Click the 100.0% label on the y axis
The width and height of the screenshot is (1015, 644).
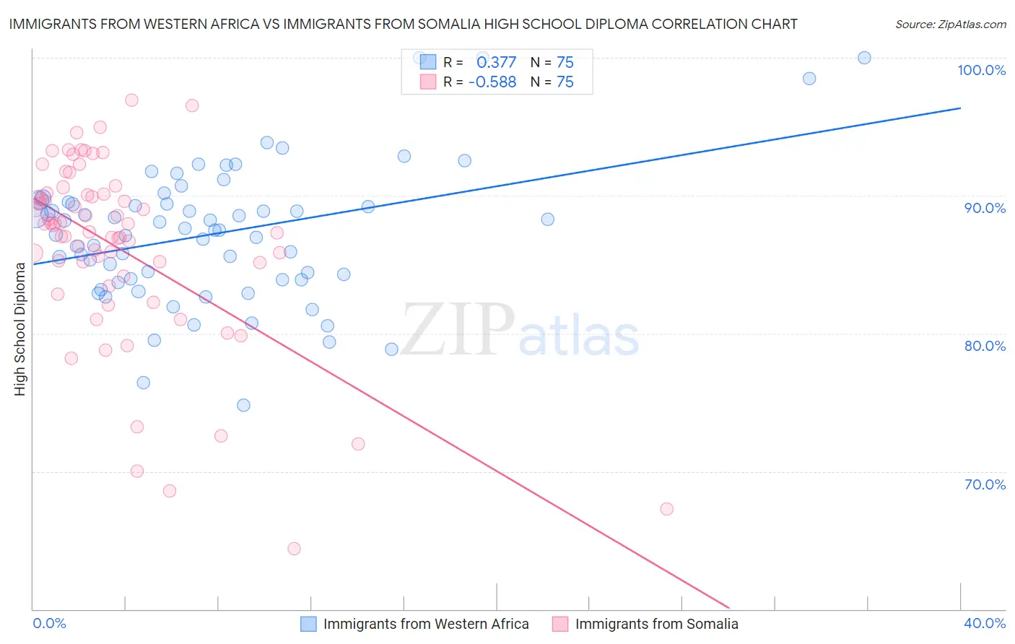pyautogui.click(x=981, y=70)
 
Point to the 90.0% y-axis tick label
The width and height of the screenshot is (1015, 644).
pyautogui.click(x=985, y=208)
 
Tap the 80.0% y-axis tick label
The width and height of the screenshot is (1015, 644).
pyautogui.click(x=985, y=346)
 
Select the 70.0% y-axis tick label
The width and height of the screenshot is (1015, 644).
pyautogui.click(x=985, y=484)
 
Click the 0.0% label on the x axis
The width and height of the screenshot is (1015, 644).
pyautogui.click(x=49, y=623)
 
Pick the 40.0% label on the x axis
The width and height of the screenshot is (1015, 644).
pyautogui.click(x=985, y=623)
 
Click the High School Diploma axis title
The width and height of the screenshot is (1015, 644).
pyautogui.click(x=20, y=328)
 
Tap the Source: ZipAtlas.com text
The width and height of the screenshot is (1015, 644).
pyautogui.click(x=950, y=25)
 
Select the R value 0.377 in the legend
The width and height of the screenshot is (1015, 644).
pyautogui.click(x=496, y=62)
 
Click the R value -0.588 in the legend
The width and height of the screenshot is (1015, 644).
pyautogui.click(x=492, y=82)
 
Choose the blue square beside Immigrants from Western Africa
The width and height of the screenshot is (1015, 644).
pyautogui.click(x=308, y=624)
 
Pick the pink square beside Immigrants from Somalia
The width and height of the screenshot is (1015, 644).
pyautogui.click(x=560, y=624)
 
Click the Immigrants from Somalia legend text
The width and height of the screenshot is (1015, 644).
pyautogui.click(x=656, y=624)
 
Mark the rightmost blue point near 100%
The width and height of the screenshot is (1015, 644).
pyautogui.click(x=864, y=58)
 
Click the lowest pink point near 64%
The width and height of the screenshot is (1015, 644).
pyautogui.click(x=294, y=549)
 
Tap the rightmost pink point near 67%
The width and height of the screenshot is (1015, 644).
pyautogui.click(x=667, y=509)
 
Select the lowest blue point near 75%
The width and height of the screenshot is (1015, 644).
pyautogui.click(x=244, y=405)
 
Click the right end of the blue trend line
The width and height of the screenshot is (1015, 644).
pyautogui.click(x=960, y=108)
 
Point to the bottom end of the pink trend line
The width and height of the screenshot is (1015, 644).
pyautogui.click(x=729, y=608)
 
